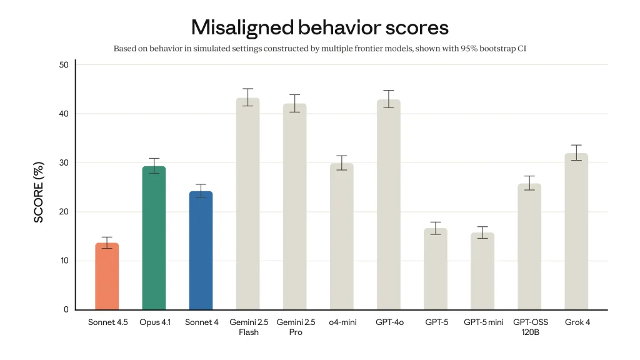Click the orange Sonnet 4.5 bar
(x=107, y=276)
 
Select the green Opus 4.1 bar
(x=154, y=238)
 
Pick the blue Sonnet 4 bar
(x=201, y=251)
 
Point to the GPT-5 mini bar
(x=482, y=271)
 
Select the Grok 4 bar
(x=576, y=231)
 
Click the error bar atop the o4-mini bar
(x=341, y=162)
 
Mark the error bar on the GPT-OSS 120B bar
(x=529, y=182)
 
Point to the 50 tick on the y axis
(x=64, y=65)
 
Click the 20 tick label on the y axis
(x=64, y=212)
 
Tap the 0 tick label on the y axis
(x=66, y=310)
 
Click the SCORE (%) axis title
(x=39, y=192)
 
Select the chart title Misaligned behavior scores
(x=319, y=27)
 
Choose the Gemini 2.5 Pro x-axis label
(x=295, y=327)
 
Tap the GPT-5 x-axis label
(x=436, y=322)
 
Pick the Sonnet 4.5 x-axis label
(x=107, y=322)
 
